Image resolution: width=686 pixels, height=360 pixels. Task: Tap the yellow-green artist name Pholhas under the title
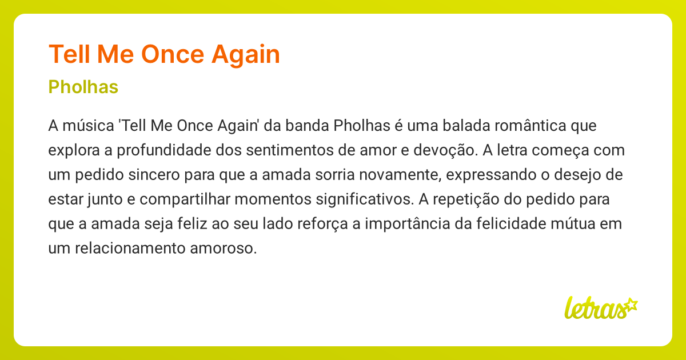click(83, 87)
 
